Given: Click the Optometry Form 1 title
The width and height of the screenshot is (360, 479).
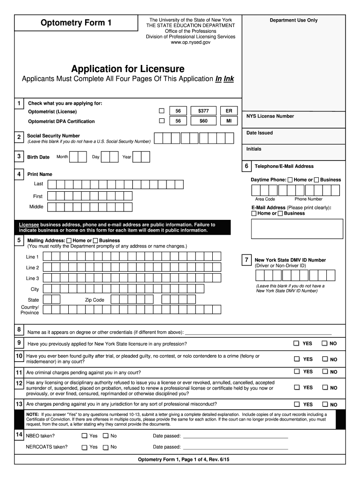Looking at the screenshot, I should coord(76,22).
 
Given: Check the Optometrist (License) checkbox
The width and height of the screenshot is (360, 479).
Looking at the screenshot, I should coord(162,111).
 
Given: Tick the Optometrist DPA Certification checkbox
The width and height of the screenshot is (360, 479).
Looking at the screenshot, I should coord(162,121).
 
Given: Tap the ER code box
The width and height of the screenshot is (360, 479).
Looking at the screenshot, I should coord(229,111).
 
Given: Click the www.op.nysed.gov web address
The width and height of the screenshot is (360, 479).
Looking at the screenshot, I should coord(190,42).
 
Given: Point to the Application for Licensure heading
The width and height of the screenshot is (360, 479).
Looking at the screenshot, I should coord(128,69).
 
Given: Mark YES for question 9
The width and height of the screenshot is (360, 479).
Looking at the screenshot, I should coord(296,343).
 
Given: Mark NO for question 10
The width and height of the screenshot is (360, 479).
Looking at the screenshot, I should coord(324,359).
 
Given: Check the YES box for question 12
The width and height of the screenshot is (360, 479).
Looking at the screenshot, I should coord(296,387).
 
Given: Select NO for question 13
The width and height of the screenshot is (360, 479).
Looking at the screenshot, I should coord(324,404).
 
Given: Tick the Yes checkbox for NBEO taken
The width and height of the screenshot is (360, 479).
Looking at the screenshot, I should coord(84,435).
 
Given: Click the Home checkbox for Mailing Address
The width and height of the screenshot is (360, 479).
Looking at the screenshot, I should coord(69,240).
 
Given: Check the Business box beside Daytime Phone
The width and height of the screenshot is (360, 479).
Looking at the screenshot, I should coord(317,180).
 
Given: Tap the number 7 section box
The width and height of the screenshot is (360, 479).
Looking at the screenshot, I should coord(246,260).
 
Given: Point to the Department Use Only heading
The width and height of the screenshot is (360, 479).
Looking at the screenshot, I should coord(293,20).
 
